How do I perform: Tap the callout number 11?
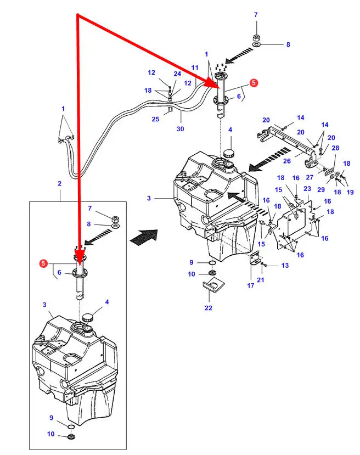194,68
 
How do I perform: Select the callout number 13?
284,266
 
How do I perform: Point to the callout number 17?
251,285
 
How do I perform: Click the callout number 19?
350,192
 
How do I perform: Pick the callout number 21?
260,280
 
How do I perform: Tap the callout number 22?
208,308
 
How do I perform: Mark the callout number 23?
307,188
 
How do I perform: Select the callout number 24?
177,74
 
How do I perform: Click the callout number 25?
156,119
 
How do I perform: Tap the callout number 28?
335,148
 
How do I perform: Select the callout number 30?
180,129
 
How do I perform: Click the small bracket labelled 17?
254,260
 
